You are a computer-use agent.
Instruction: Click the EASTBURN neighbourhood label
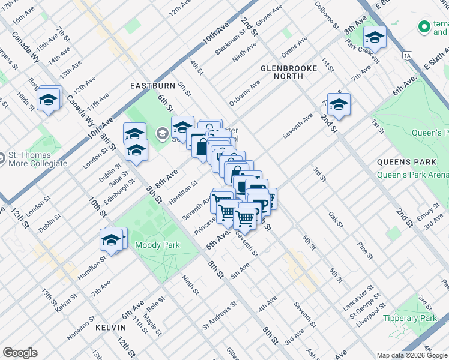[152, 86]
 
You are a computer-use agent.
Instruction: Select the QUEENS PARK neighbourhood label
[402, 162]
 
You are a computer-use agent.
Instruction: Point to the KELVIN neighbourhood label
[110, 328]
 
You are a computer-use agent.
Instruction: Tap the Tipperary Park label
[411, 319]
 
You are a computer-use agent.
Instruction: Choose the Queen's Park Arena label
[413, 175]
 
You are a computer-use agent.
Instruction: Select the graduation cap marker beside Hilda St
[49, 99]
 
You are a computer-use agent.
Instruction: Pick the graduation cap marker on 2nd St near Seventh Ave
[339, 105]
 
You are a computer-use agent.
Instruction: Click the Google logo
[20, 353]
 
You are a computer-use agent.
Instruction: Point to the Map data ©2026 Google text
[412, 355]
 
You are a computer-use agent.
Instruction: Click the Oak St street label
[336, 220]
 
